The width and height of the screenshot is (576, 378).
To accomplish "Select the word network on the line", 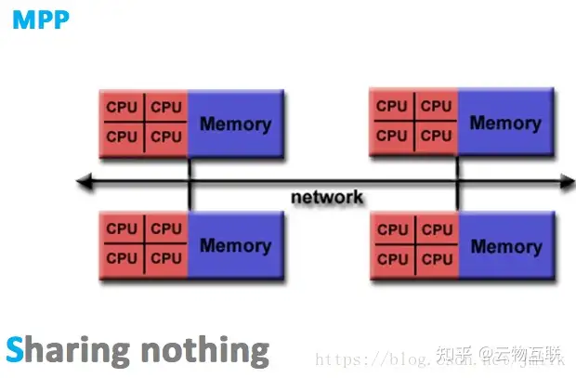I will [327, 197].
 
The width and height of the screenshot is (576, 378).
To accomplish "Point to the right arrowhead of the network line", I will [566, 182].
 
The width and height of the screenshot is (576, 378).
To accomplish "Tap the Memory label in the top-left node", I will [235, 124].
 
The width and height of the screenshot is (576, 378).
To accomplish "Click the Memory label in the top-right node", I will [505, 122].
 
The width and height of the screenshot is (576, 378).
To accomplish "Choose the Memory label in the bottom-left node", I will [235, 245].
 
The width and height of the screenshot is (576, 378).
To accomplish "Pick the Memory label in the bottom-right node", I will [505, 246].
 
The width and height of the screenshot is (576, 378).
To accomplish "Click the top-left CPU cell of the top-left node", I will [122, 107].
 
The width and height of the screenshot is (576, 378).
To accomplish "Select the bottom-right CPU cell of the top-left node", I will [166, 137].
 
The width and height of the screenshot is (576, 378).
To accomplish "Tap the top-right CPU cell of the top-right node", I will [436, 105].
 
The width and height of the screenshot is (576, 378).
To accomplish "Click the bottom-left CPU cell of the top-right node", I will [391, 136].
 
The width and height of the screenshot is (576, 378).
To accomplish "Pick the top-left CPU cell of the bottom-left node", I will [122, 228].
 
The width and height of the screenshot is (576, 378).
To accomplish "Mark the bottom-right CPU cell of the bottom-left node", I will [166, 257].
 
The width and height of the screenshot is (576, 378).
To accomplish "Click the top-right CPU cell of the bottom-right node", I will [437, 228].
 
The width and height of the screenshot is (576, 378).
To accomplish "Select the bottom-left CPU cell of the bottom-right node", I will [392, 258].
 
